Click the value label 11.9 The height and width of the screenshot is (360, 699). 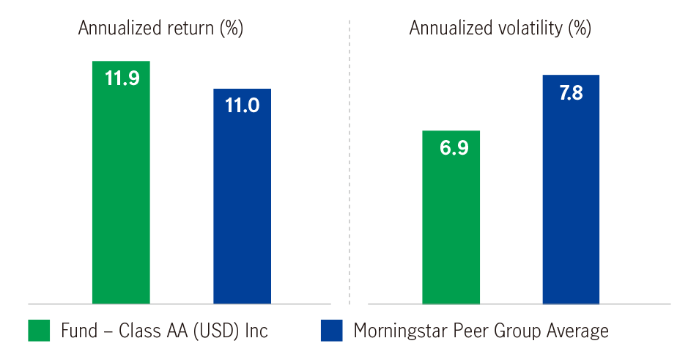click(x=122, y=78)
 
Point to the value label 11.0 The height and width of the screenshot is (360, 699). click(x=242, y=106)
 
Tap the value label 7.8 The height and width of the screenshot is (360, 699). click(x=571, y=93)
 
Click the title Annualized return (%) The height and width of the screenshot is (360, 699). click(x=160, y=29)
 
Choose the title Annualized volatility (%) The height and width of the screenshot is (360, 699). click(x=500, y=29)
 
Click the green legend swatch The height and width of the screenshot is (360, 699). click(x=39, y=331)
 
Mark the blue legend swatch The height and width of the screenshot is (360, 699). click(x=331, y=331)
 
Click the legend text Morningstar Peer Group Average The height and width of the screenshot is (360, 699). click(x=481, y=331)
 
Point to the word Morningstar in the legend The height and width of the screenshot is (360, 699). click(x=398, y=331)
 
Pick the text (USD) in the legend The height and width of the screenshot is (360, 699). click(x=219, y=331)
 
